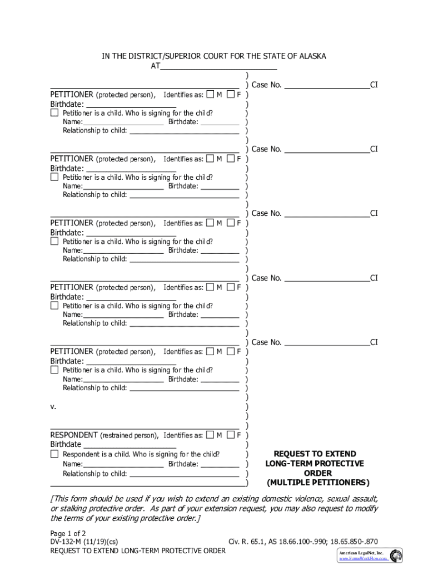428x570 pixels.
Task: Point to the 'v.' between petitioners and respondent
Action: (53, 407)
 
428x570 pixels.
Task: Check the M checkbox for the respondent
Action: (210, 435)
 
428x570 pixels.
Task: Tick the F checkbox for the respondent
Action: (231, 435)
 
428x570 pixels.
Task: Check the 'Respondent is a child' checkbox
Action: (54, 454)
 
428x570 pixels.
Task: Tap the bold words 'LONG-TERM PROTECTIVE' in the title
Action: (315, 464)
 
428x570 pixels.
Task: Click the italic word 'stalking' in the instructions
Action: (73, 509)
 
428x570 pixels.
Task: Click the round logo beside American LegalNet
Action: (396, 555)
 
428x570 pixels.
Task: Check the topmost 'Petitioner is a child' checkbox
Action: (54, 113)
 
